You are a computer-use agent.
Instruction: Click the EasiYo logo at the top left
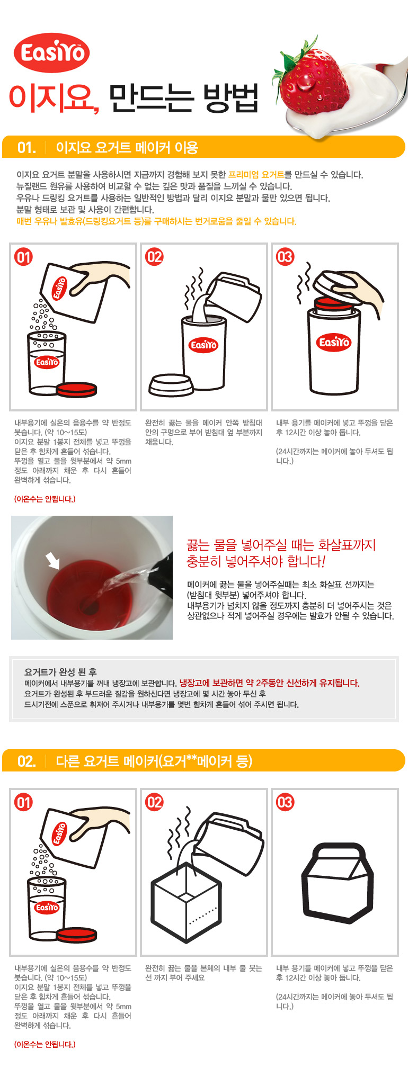coord(51,52)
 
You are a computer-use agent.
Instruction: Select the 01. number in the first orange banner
coord(26,148)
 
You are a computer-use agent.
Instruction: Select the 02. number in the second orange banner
coord(26,761)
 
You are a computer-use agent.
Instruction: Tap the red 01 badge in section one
coord(23,257)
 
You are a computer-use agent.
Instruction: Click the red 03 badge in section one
coord(285,257)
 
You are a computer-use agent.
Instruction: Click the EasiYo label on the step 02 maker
coord(203,345)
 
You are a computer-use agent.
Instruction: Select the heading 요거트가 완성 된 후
coord(60,672)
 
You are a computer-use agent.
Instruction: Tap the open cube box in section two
coord(185,902)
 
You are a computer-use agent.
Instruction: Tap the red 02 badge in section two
coord(154,802)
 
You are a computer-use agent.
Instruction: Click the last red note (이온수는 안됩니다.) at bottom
coord(45,1044)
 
